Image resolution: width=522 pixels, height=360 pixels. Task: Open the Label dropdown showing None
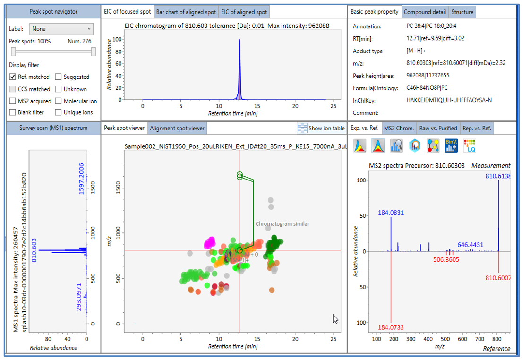61,29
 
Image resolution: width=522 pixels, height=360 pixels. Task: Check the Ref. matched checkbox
13,77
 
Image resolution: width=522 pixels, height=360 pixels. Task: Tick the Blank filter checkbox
13,112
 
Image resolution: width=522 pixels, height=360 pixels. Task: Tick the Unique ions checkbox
59,112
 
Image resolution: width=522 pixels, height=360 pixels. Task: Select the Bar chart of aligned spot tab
186,12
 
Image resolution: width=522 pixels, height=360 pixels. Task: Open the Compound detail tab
425,12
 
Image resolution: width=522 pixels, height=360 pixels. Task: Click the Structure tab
462,12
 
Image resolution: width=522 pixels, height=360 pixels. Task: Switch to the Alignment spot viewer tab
177,128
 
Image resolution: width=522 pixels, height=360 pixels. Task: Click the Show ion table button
321,128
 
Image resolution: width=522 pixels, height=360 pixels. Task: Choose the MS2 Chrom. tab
399,128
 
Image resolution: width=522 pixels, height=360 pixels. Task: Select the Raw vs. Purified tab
438,128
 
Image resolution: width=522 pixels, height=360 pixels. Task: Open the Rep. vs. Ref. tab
477,128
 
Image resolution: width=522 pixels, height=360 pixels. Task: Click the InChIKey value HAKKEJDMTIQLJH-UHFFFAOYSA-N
449,100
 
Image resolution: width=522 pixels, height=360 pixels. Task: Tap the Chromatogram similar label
282,223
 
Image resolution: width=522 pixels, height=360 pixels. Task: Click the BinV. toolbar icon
451,146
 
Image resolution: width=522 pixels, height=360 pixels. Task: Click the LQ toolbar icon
470,146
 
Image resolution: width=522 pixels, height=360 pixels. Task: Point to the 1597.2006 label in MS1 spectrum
82,179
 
